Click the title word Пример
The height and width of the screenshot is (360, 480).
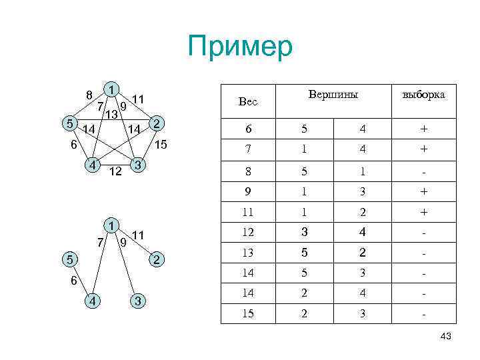point(240,47)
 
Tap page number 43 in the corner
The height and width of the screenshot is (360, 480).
point(446,337)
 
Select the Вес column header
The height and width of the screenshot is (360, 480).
point(247,102)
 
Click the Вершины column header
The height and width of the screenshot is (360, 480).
point(333,95)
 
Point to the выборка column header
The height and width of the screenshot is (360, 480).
point(423,95)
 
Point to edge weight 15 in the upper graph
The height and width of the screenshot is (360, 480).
point(160,145)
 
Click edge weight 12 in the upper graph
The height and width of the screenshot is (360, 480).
point(115,172)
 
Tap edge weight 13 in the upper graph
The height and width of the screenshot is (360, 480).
point(111,115)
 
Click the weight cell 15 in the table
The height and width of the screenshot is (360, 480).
point(247,313)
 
